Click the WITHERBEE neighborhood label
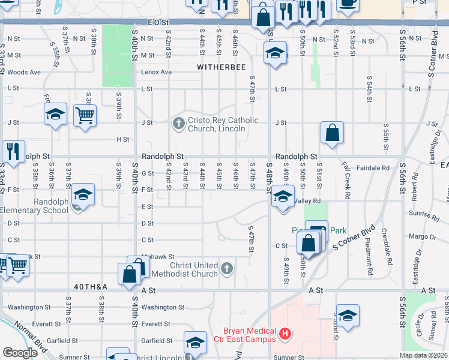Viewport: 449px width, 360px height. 221,67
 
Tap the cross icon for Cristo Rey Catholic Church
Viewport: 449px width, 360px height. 178,124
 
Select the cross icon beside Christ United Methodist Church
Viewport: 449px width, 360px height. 227,268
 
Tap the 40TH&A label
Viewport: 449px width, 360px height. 91,287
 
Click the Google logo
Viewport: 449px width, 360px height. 20,352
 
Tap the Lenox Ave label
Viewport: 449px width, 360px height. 156,72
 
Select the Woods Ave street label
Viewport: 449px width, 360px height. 24,72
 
